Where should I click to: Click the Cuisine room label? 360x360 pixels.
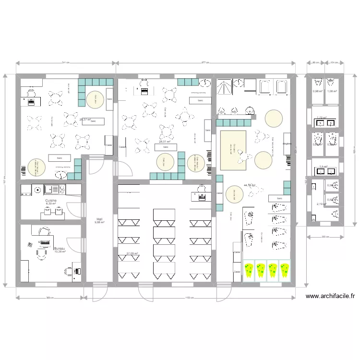click(51, 200)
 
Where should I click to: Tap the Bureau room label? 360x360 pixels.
click(60, 248)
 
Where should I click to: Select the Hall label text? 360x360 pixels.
click(99, 218)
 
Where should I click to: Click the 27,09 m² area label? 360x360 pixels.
click(132, 253)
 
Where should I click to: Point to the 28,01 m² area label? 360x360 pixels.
click(165, 142)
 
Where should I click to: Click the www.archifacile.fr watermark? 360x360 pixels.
click(331, 297)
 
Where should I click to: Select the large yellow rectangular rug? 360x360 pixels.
click(233, 149)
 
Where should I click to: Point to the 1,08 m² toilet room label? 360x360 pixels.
click(331, 91)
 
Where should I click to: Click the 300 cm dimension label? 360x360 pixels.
click(324, 237)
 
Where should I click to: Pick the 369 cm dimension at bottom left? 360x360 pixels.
click(49, 298)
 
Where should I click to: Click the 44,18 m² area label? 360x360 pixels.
click(250, 185)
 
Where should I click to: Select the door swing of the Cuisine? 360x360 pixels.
click(74, 207)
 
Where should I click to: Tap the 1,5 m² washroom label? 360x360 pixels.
click(323, 167)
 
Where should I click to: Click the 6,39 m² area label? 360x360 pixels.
click(51, 204)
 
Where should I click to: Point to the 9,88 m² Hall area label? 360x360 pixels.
click(99, 222)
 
